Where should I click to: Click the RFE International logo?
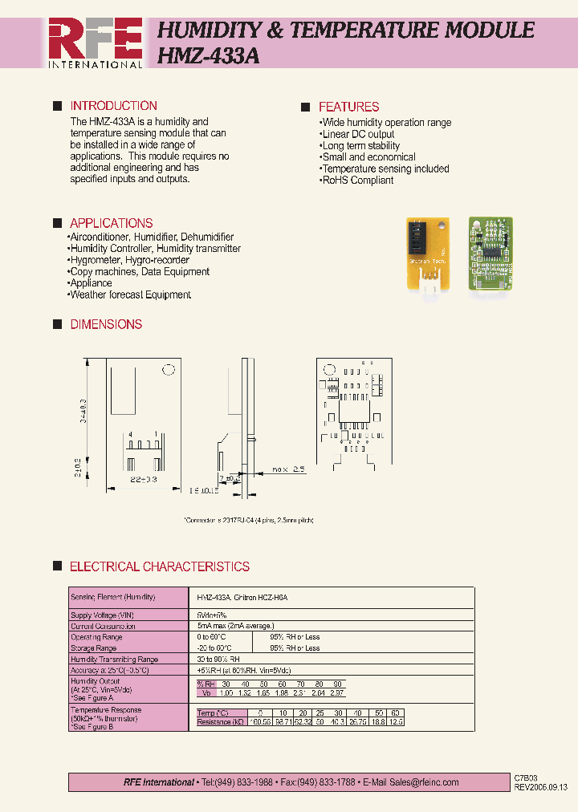point(96,43)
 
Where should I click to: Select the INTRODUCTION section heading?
point(113,106)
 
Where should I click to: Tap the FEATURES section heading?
point(348,107)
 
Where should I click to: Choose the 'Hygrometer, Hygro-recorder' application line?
point(128,260)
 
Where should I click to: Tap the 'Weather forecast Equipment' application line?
point(129,294)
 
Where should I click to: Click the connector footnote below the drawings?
point(248,520)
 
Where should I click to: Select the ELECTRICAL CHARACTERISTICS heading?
point(159,566)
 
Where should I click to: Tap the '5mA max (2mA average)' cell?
point(235,626)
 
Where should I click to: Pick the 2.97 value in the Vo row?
point(337,692)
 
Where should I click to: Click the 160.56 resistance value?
point(260,723)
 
